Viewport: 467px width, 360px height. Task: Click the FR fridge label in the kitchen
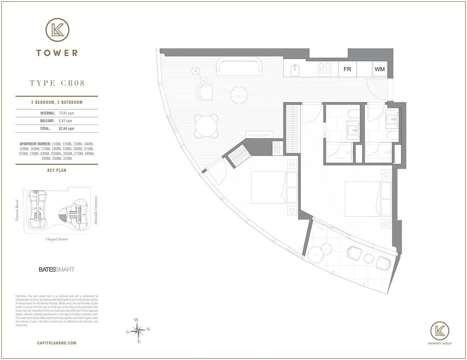(347, 69)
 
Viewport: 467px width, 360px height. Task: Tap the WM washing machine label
(379, 69)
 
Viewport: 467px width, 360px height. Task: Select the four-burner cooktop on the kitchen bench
(324, 69)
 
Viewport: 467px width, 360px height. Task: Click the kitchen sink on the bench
(295, 69)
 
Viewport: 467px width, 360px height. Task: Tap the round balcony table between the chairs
(369, 258)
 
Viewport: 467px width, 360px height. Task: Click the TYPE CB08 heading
(57, 83)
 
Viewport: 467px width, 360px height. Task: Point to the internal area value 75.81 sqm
(67, 113)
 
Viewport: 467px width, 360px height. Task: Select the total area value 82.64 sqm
(66, 129)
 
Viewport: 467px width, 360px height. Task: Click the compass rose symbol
(138, 331)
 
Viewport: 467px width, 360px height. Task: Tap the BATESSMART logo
(57, 269)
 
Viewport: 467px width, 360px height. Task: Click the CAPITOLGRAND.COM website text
(57, 343)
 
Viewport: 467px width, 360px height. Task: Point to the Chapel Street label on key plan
(57, 239)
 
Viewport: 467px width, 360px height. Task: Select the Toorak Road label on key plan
(17, 210)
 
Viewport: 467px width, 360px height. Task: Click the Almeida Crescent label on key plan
(96, 210)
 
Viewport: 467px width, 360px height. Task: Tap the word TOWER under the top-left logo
(57, 53)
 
